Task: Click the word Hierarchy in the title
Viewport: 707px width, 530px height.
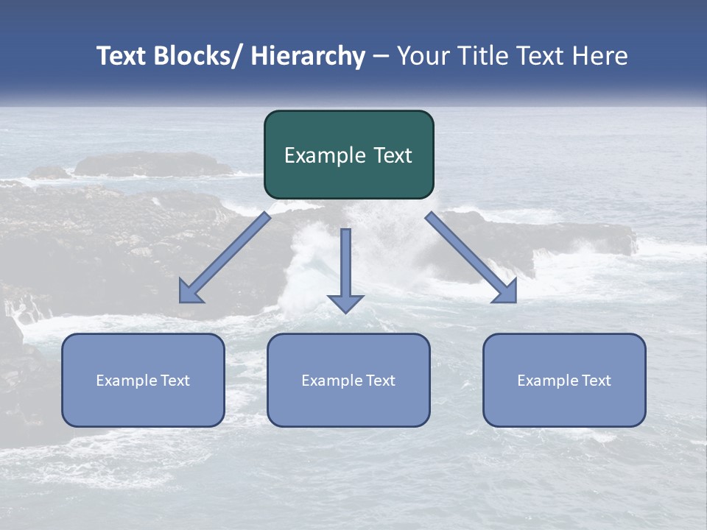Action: [x=308, y=56]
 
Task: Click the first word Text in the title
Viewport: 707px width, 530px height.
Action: [x=122, y=56]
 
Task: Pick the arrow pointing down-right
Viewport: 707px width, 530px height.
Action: [x=470, y=256]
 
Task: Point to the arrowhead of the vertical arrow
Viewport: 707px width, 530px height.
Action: [x=345, y=303]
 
